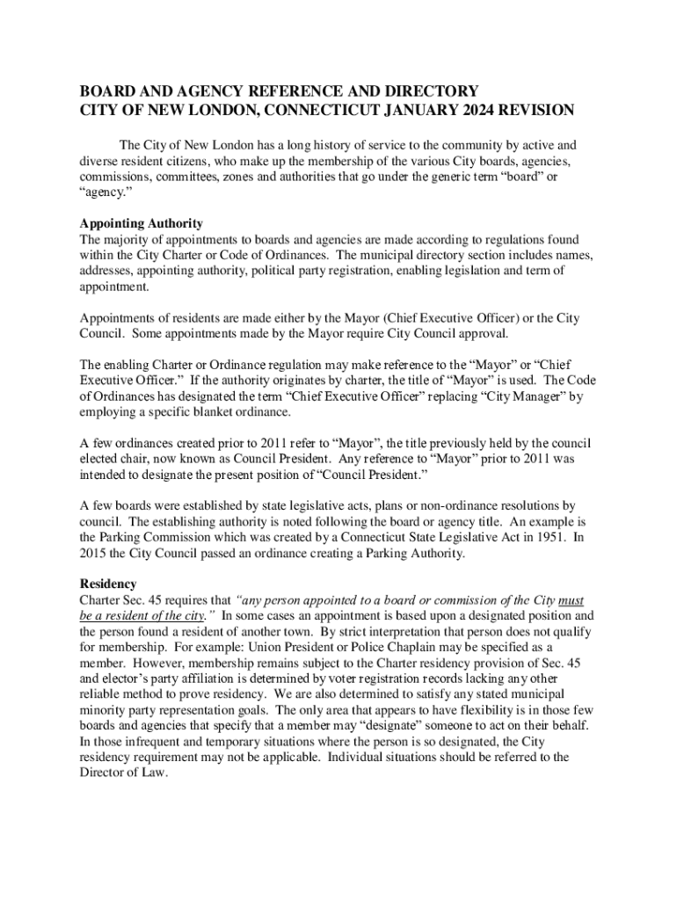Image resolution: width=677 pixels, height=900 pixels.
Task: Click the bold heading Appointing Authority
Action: [142, 223]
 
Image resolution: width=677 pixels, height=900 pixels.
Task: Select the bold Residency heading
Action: [108, 584]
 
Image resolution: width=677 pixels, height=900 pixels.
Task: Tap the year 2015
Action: [95, 553]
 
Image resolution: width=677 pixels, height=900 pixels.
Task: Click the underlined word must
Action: [571, 600]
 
